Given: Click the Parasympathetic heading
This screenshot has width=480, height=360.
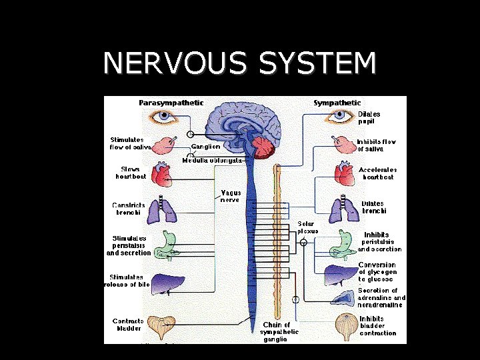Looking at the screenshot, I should (x=171, y=103).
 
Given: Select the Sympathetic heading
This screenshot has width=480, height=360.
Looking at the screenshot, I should (x=337, y=103).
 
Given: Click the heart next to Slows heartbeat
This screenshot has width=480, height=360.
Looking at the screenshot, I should (x=163, y=175).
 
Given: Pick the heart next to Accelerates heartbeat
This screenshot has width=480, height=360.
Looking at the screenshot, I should (x=344, y=175).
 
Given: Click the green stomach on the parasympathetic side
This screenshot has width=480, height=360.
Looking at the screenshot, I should (x=165, y=245).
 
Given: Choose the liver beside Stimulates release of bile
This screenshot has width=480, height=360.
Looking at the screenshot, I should (x=164, y=283).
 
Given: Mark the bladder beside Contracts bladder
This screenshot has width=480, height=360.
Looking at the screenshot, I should (x=161, y=327).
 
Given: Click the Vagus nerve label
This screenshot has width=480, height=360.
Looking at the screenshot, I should (x=231, y=196).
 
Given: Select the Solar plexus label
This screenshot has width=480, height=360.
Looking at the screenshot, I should (x=307, y=227).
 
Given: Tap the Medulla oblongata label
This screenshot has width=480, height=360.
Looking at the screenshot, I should (x=213, y=161).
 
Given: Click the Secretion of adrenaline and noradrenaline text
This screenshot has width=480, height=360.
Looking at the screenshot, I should (x=381, y=297).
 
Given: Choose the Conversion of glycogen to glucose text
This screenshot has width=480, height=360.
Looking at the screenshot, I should (x=377, y=272).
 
